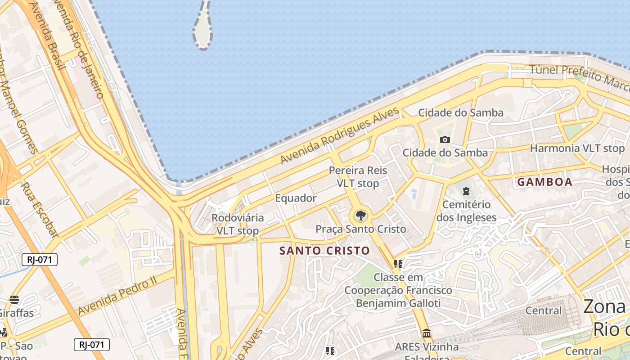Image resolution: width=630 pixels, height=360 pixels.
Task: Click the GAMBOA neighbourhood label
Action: coord(544,182)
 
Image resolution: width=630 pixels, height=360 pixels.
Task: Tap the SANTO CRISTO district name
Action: coord(324,251)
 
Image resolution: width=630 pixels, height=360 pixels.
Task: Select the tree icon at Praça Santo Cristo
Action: coord(360,216)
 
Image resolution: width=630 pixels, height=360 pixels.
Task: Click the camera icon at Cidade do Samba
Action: coord(445,140)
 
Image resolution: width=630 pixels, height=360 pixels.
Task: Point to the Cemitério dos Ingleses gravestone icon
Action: coord(466,191)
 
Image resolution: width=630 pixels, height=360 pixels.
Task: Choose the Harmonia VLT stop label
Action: coord(577,148)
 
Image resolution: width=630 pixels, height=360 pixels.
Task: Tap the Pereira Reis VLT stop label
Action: coord(358,177)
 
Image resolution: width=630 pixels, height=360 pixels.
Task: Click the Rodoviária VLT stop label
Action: coord(238,224)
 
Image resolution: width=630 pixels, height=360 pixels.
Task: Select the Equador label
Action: coord(296,198)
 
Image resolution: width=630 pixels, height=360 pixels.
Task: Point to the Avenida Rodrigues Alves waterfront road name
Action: coord(340,135)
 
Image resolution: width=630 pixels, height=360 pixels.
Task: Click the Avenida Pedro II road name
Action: coord(117,297)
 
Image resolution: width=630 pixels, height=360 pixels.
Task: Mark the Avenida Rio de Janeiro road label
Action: coord(84,49)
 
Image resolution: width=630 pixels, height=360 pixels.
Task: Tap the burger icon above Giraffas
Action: coord(14,300)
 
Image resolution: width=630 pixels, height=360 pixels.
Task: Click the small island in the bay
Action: coord(203,27)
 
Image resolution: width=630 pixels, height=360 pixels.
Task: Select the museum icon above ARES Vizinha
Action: coord(426,333)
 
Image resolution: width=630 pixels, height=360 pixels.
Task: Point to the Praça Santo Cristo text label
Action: coord(360,229)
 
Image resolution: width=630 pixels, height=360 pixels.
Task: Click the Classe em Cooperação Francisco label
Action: coord(398,283)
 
